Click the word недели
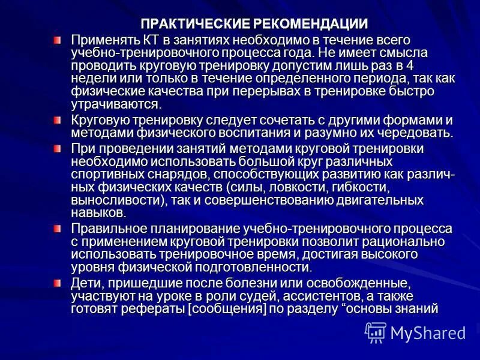coord(91,79)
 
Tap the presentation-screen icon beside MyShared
coord(376,332)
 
